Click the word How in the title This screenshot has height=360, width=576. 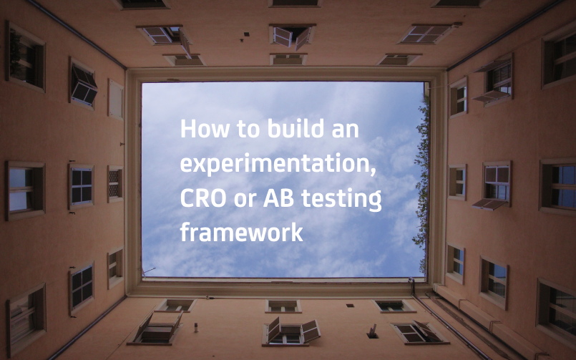pos(205,129)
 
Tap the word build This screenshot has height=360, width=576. pos(296,128)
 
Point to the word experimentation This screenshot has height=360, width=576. pos(278,164)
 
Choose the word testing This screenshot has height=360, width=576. pos(341,200)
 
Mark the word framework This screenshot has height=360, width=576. pos(242,231)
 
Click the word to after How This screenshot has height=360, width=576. pos(248,130)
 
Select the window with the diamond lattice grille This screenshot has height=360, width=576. pos(115,183)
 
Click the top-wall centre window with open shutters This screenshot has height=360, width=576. pos(292,36)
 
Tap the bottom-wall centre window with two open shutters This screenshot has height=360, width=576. pos(291,332)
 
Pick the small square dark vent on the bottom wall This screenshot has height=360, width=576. pos(350,306)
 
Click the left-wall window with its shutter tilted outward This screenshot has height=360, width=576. pos(83,84)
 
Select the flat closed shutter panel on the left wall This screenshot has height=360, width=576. pos(115,99)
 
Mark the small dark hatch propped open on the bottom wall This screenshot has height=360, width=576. pos(373,332)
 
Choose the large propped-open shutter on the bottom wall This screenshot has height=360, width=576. pos(157,326)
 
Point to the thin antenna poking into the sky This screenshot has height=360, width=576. pos(148,272)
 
